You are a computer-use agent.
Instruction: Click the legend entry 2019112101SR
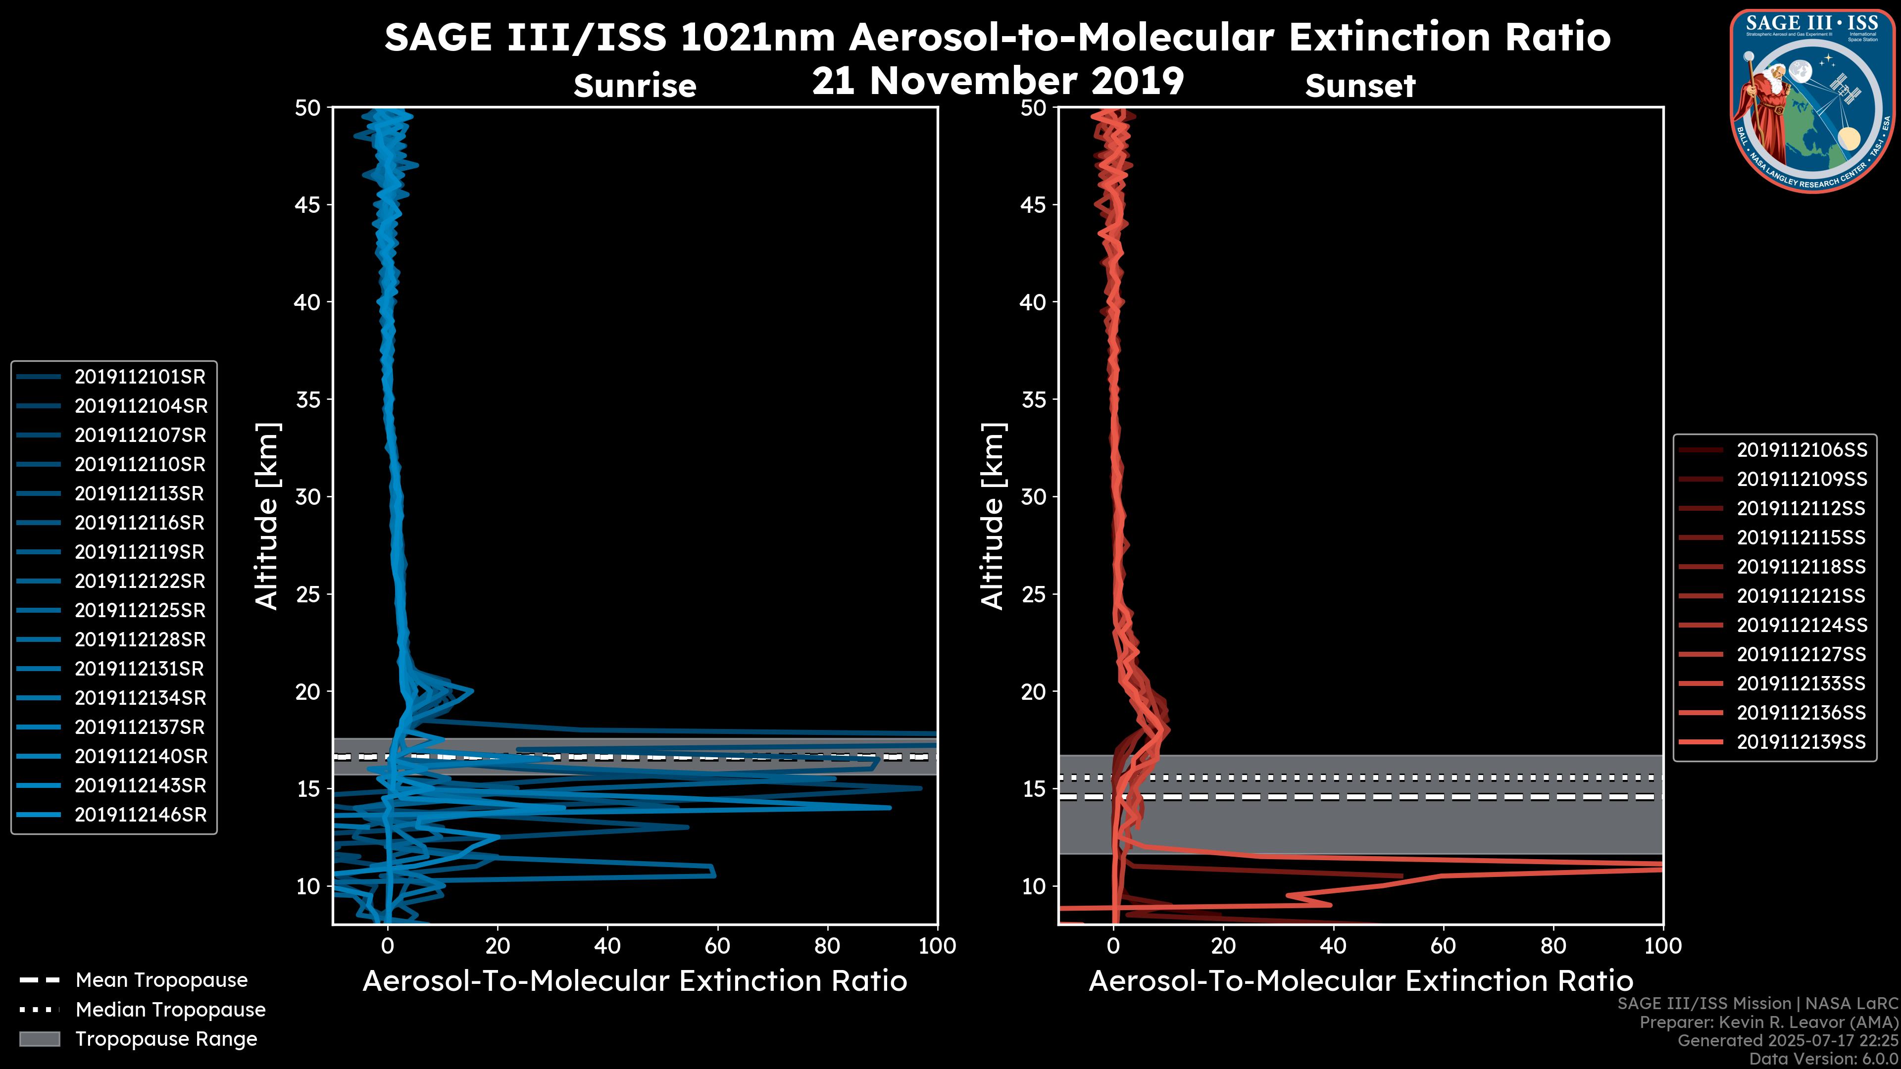[x=140, y=377]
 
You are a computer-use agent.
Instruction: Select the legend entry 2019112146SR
[x=140, y=815]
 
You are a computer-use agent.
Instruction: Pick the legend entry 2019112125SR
[x=140, y=611]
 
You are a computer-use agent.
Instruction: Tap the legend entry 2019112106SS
[x=1801, y=450]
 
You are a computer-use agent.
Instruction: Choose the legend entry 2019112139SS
[x=1801, y=742]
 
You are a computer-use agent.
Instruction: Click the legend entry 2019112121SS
[x=1801, y=596]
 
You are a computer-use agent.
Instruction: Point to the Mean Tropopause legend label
[x=161, y=980]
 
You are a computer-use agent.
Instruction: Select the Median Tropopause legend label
[x=170, y=1010]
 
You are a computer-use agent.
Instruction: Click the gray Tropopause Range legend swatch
[x=40, y=1039]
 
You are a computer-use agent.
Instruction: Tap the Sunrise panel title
[x=635, y=86]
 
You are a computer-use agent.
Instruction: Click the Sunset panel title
[x=1360, y=86]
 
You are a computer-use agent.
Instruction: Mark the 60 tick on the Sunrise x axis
[x=717, y=946]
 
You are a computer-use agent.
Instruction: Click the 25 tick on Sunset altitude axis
[x=1034, y=594]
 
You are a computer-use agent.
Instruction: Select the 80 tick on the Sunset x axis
[x=1553, y=946]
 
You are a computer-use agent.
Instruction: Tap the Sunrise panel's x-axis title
[x=635, y=982]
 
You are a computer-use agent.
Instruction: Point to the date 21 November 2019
[x=998, y=81]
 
